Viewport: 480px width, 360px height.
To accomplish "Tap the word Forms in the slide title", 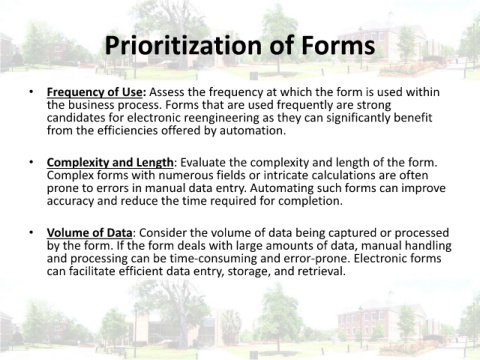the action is (x=338, y=45).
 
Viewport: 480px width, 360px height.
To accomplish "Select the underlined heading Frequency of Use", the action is (x=96, y=92).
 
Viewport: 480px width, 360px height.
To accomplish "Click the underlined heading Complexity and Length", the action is (x=110, y=163).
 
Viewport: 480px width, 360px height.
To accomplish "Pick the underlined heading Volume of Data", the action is (x=89, y=232).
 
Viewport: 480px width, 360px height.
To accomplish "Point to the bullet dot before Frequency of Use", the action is (x=31, y=92).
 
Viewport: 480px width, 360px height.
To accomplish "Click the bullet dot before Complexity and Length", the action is (x=31, y=162).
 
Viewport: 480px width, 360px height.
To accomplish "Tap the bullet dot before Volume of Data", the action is (x=31, y=232).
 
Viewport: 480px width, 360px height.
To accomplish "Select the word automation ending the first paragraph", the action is (x=252, y=130).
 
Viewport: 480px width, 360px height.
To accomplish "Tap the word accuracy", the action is (x=70, y=201).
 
